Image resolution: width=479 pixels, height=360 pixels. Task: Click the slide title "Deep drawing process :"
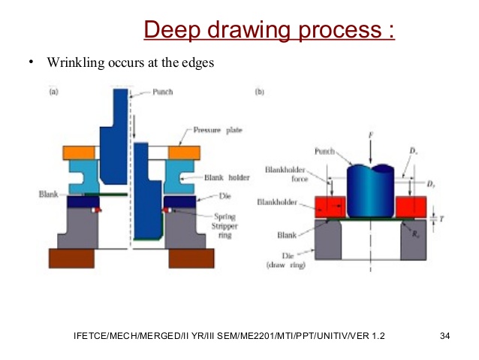[268, 31]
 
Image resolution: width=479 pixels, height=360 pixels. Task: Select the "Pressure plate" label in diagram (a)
[218, 130]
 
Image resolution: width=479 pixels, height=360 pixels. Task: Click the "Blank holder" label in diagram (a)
[225, 178]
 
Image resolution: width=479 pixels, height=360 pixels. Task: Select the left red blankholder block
[321, 206]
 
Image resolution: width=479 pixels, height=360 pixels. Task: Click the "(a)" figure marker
[54, 92]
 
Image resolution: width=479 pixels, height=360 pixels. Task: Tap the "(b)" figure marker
[260, 92]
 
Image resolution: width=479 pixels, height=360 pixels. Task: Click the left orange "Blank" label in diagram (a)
[49, 195]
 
